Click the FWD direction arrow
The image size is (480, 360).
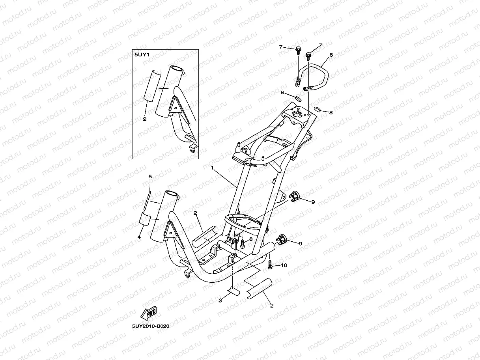pos(149,313)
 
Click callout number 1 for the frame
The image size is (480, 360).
pos(212,168)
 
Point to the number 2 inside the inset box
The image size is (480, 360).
pos(144,119)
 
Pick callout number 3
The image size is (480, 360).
pos(220,300)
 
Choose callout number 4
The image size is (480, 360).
pos(139,237)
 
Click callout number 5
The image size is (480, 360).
pos(150,177)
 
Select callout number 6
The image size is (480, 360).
pos(331,55)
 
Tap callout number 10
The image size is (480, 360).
pos(284,265)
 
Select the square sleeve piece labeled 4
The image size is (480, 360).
pos(144,218)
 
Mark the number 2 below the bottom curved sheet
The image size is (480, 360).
pos(272,305)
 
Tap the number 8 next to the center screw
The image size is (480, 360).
pos(251,239)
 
